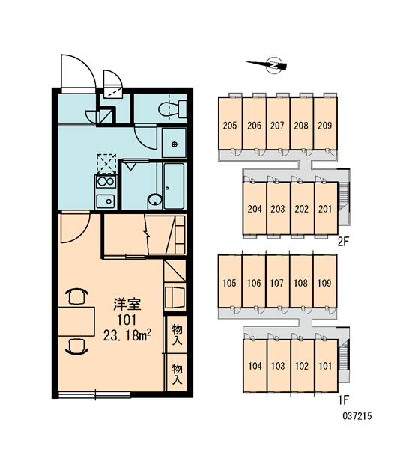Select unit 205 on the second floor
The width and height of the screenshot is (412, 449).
230,123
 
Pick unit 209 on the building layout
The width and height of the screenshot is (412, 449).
325,123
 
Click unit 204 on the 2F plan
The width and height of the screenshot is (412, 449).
255,209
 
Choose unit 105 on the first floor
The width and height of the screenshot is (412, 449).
230,281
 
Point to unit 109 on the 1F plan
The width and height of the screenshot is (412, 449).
324,281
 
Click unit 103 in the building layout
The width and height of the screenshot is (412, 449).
278,366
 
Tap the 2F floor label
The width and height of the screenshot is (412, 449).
343,242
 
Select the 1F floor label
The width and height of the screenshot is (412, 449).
343,400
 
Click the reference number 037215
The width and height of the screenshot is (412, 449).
357,416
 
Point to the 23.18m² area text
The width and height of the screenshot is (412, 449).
127,335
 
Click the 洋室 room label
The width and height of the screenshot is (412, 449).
127,305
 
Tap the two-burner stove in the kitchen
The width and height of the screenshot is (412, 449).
106,181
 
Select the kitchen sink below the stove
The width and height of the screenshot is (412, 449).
106,201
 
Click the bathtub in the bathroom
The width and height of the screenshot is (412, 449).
174,186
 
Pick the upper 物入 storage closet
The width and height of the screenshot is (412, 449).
178,335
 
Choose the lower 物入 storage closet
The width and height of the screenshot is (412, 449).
178,373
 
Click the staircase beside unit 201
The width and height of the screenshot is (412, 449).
344,198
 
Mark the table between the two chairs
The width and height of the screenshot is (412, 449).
76,321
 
